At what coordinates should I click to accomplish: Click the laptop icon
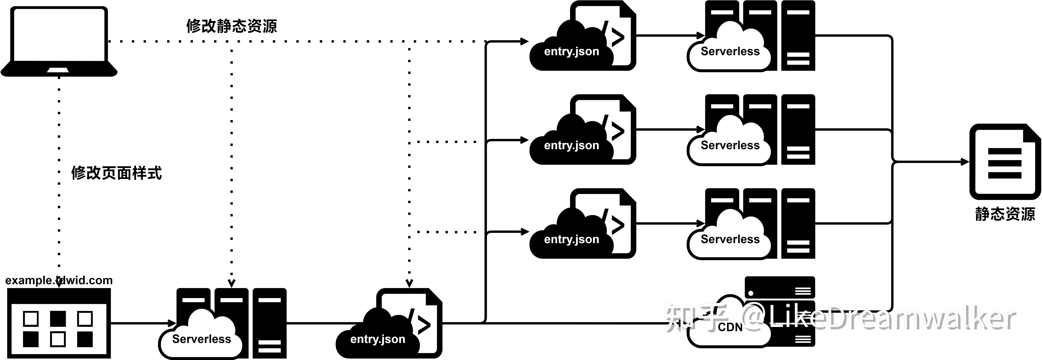(x=59, y=41)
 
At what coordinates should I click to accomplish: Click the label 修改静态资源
(x=231, y=26)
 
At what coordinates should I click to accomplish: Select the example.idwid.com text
(x=59, y=280)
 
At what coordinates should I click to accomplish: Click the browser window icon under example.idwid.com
(x=59, y=324)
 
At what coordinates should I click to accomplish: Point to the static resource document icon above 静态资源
(x=1004, y=162)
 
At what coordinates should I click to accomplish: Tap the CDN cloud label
(x=730, y=327)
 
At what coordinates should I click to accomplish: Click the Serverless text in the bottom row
(x=201, y=339)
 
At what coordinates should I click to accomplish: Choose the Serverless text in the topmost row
(x=730, y=51)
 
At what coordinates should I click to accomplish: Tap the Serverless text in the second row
(x=730, y=145)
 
